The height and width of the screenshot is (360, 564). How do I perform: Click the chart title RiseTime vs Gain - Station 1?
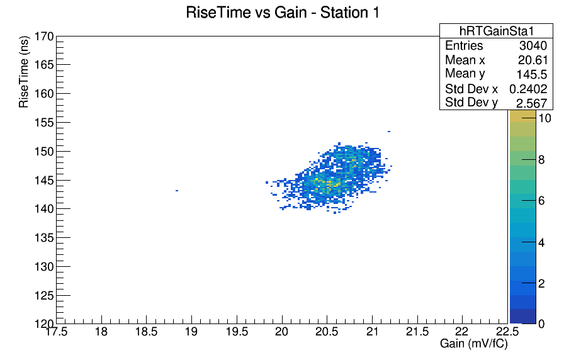tap(283, 13)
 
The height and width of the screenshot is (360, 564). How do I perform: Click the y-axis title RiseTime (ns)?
tap(24, 72)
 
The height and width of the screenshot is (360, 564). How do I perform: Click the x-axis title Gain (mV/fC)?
tap(474, 344)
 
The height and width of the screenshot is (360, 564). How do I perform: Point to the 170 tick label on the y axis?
tap(44, 37)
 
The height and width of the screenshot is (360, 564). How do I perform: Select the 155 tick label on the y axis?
tap(44, 123)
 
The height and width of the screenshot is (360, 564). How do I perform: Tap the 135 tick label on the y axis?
tap(44, 238)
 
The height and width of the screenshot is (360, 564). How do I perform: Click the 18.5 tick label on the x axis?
tap(147, 332)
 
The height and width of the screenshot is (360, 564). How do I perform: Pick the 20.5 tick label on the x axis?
tap(327, 332)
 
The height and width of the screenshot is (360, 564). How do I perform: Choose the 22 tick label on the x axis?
tap(462, 332)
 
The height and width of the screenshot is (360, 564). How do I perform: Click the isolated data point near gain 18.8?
tap(177, 191)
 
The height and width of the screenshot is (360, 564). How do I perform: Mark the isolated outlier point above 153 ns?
tap(389, 132)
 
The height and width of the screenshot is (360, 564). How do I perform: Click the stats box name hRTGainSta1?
tap(497, 31)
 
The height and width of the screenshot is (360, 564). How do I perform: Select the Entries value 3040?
tap(533, 46)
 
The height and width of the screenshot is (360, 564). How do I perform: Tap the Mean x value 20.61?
tap(533, 60)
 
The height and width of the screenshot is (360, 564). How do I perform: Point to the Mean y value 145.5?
tap(532, 74)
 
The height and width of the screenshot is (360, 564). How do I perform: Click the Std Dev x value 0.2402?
tap(528, 89)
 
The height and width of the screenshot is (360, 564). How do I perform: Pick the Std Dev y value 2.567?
tap(532, 103)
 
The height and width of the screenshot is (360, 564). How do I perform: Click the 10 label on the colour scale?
tap(545, 118)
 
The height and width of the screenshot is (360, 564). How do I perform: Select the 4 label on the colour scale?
tap(542, 243)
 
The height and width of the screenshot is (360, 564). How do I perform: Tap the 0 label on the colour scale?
tap(542, 324)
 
